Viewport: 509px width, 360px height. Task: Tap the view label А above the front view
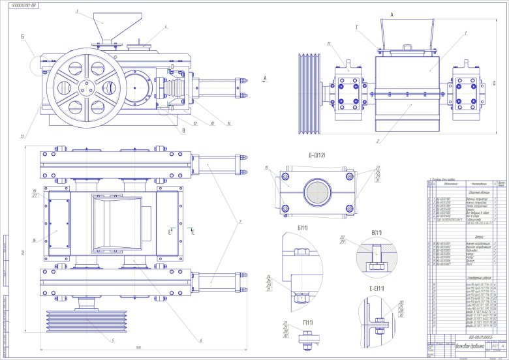[392, 14]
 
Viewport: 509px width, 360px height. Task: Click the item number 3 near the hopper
[76, 11]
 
